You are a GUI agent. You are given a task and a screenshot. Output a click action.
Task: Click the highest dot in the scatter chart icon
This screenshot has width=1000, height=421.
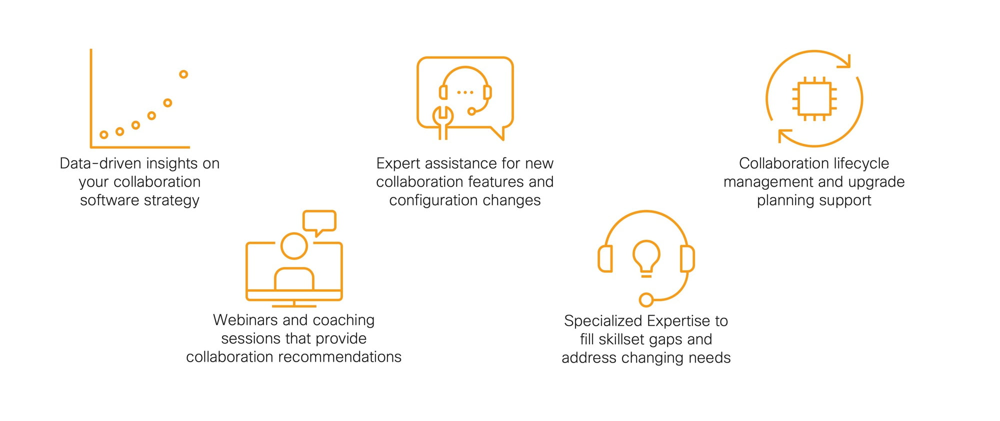point(183,74)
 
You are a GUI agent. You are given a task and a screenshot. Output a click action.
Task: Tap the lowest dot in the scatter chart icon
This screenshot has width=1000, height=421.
point(104,135)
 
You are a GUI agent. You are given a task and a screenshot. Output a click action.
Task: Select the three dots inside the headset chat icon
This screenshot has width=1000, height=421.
point(465,92)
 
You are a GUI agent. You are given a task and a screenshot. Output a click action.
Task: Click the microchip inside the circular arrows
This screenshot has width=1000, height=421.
point(814,99)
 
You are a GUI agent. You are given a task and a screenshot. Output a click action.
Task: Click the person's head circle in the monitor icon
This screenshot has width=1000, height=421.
point(294,246)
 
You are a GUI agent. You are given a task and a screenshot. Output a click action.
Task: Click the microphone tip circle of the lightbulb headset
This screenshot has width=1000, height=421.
point(646,300)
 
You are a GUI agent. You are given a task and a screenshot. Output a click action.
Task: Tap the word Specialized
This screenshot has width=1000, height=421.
point(603,321)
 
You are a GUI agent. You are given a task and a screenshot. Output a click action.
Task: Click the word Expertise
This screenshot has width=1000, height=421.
point(679,321)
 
